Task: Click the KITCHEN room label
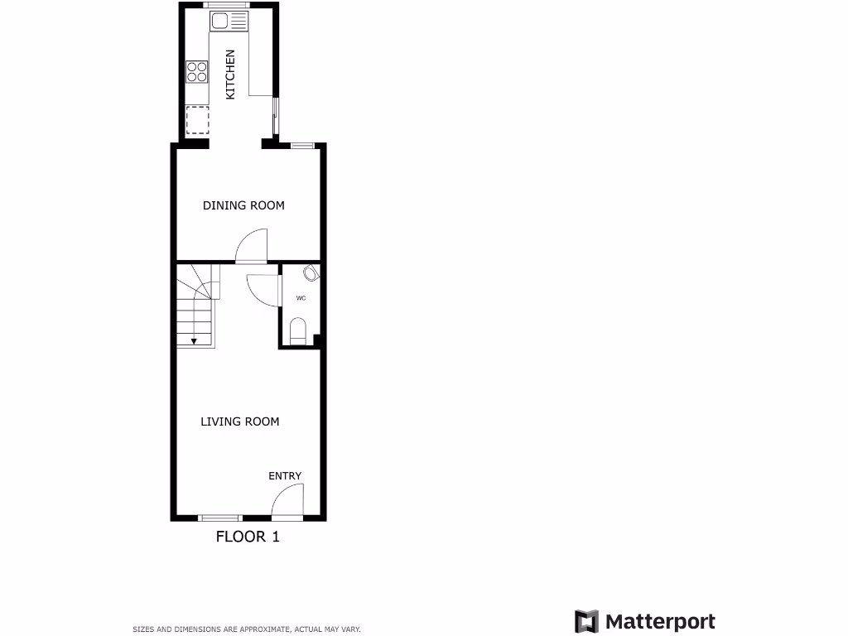(x=231, y=75)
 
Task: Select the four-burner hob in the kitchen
(x=197, y=71)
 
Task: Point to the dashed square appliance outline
(x=197, y=121)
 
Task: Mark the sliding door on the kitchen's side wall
(x=276, y=115)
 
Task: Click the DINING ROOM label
(x=243, y=205)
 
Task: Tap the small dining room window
(x=302, y=146)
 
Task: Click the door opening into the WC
(x=262, y=288)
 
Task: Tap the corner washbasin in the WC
(x=311, y=272)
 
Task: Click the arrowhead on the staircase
(x=194, y=340)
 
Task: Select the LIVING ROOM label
(x=240, y=422)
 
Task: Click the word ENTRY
(x=285, y=476)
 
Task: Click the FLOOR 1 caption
(x=248, y=537)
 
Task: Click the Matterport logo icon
(x=587, y=621)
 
